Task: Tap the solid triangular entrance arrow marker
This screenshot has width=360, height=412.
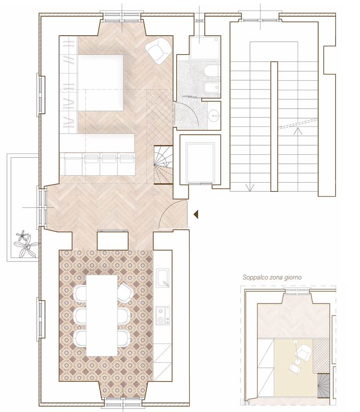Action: coord(196,215)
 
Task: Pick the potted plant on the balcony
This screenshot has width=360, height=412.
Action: coord(26,244)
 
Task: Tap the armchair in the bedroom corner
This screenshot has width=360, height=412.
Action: coord(158,50)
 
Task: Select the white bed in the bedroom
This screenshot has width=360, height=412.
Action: coord(101,82)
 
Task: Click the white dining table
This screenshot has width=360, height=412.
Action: coord(102,315)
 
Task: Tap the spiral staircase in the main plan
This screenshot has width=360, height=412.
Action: coord(163,165)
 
